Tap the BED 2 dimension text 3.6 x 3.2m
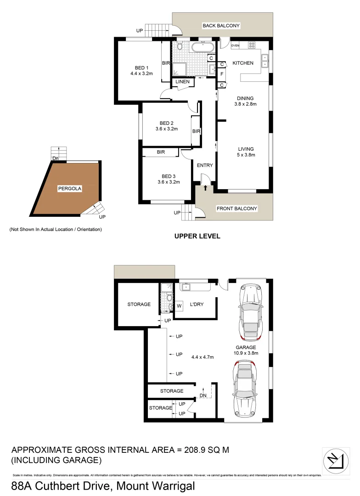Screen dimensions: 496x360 tap(166, 129)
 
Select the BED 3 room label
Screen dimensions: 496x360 tap(169, 176)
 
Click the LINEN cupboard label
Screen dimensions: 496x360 tap(181, 82)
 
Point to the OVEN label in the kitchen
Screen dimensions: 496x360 tap(235, 45)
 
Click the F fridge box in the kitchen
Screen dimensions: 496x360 tap(222, 74)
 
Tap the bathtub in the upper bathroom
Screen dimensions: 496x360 tap(202, 47)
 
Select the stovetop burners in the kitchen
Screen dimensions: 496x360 tap(252, 45)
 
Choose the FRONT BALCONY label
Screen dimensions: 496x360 tap(237, 209)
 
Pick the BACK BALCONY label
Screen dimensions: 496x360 tap(221, 26)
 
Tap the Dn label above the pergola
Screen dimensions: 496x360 tap(56, 159)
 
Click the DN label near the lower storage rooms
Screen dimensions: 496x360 tap(203, 396)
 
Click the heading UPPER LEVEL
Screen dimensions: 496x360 tap(197, 236)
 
